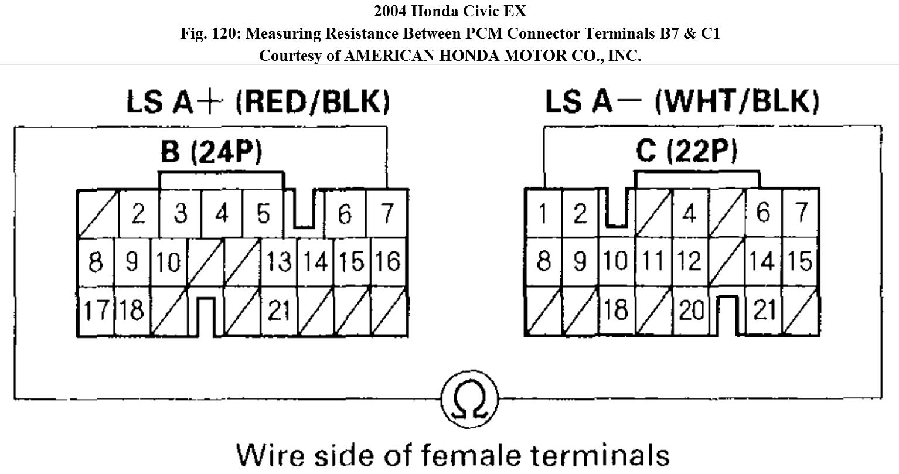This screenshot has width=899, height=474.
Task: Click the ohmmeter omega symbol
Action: click(469, 400)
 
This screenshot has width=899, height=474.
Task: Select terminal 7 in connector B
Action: click(387, 214)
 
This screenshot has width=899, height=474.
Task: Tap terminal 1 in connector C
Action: click(543, 214)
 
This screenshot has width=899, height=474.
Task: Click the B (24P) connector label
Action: click(212, 152)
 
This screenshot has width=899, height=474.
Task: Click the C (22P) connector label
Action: click(686, 152)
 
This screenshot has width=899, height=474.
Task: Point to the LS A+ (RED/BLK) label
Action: click(258, 102)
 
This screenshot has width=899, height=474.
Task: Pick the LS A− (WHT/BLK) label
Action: click(682, 102)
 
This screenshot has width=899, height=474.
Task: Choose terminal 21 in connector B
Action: click(279, 311)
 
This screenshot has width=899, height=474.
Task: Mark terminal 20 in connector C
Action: click(691, 310)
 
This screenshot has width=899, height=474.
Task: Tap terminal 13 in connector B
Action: click(279, 261)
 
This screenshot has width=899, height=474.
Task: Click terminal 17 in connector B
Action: click(94, 310)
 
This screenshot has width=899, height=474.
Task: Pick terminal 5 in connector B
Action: click(264, 214)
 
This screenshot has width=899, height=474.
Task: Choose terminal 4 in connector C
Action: click(690, 214)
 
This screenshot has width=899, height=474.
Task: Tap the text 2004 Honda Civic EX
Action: click(449, 11)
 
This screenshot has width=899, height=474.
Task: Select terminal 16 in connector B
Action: click(387, 261)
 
